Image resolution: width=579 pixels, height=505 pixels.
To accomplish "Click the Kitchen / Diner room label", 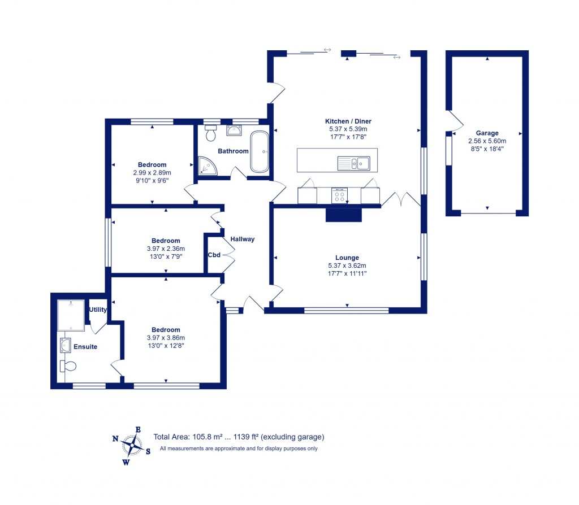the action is coord(348,121).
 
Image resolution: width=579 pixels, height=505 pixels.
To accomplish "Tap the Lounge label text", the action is coord(347,258).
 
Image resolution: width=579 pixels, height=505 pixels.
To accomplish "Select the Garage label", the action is coord(487,133).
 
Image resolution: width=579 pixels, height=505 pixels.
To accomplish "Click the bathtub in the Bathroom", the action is coord(260,151).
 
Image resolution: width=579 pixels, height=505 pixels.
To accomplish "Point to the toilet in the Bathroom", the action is coord(211,133).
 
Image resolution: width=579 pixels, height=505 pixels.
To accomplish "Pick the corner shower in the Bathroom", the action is coord(208,166).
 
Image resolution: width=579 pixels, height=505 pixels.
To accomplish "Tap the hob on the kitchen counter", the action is coord(339,195).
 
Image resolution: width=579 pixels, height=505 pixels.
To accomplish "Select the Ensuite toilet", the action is coord(68,366).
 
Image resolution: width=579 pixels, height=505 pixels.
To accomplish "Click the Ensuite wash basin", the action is coord(66,345).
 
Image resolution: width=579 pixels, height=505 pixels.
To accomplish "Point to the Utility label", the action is coord(98,310).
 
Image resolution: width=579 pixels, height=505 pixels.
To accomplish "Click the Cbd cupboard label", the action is coord(214,255).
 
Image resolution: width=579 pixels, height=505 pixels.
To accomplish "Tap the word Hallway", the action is coord(242,239).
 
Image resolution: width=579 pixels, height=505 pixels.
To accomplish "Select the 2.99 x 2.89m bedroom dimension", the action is coord(152,173).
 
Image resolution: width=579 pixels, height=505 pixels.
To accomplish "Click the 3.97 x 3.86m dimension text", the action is coord(166,338).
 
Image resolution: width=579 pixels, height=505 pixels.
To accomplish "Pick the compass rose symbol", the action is coord(132,446).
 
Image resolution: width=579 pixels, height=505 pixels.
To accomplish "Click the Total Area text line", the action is coord(239,437).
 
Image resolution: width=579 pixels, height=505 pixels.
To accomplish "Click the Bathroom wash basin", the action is coord(234,130).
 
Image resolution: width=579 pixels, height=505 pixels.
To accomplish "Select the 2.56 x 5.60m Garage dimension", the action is coord(487,141).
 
